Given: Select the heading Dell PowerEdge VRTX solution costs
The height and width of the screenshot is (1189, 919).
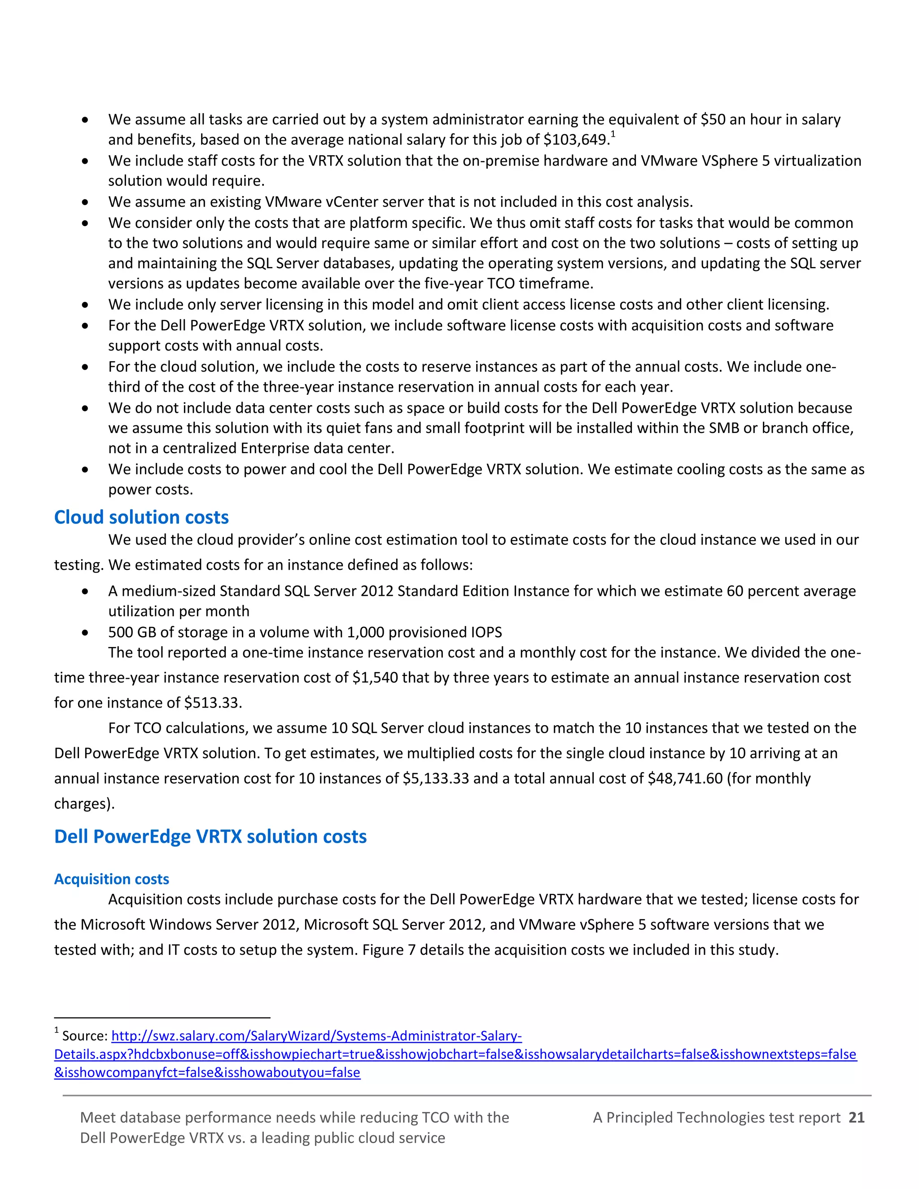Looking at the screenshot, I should coord(210,836).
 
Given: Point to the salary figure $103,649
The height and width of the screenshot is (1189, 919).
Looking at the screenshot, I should coord(575,140).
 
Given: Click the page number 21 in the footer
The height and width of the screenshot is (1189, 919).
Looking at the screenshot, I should coord(856,1117).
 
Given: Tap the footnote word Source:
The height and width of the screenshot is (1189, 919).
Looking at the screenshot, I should coord(85,1036).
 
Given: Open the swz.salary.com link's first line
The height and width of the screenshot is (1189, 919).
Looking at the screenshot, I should coord(316,1036).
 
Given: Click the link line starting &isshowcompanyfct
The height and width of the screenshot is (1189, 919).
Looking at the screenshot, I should coord(207,1072).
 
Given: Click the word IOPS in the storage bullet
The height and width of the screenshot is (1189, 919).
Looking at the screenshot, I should coord(486,632).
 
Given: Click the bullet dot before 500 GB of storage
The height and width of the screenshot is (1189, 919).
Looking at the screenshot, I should coord(85,633).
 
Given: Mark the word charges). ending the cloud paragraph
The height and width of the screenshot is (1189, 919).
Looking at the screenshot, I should coord(84,804).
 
